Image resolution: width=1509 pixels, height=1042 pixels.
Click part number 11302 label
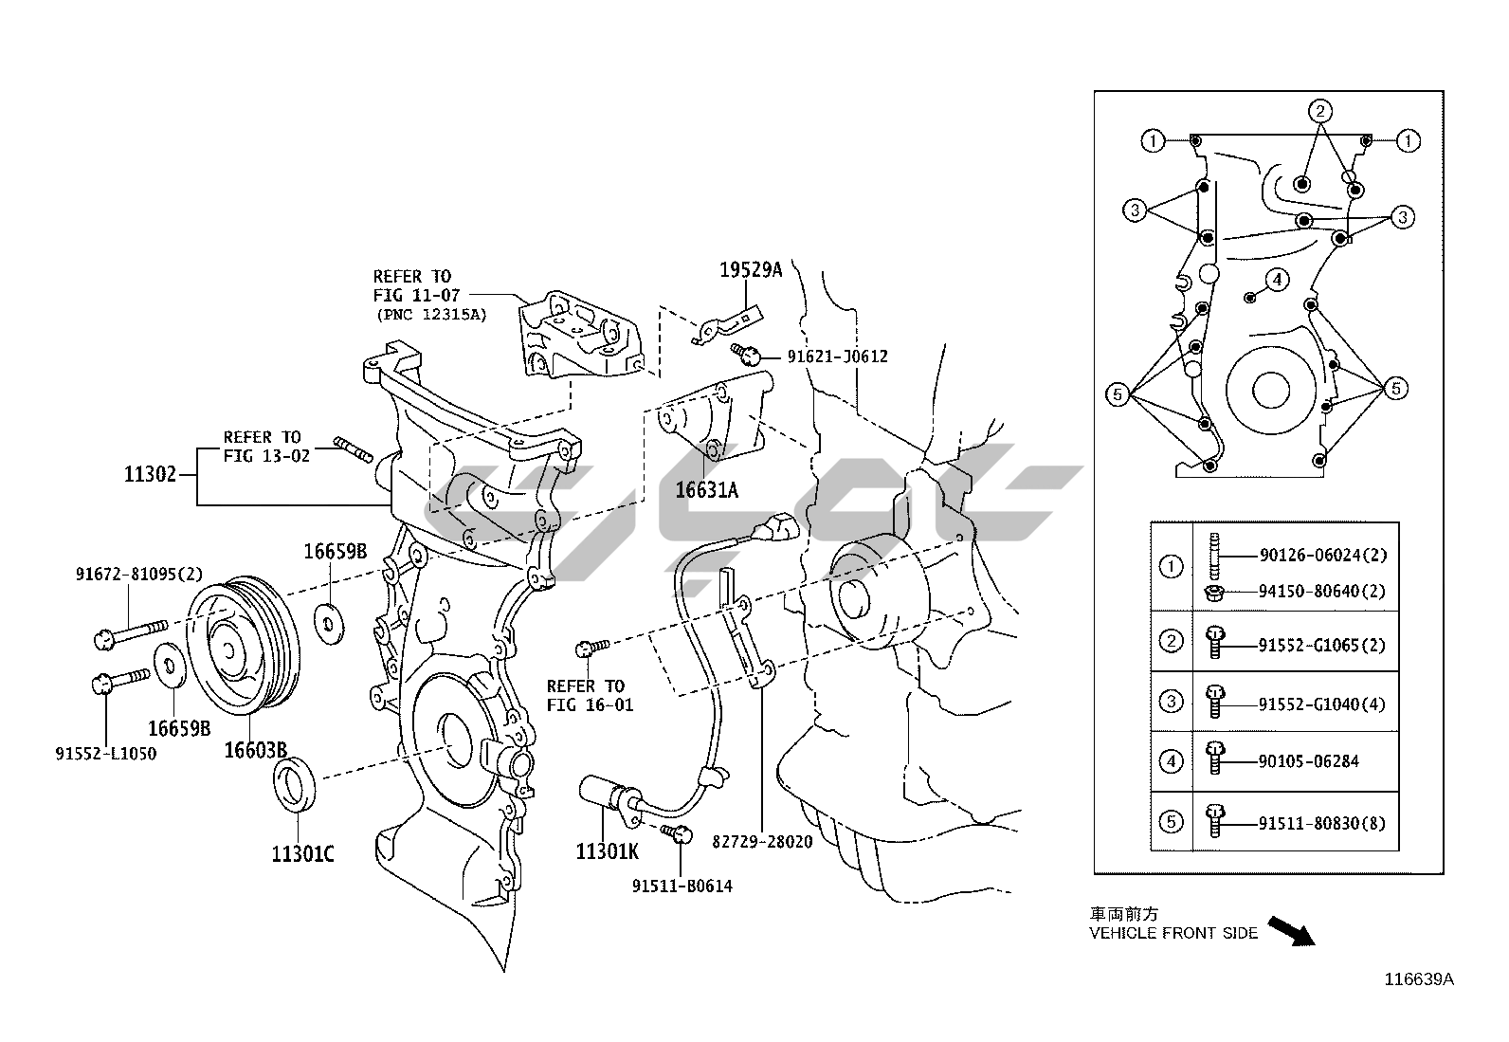(x=150, y=474)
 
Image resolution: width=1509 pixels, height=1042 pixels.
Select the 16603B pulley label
(x=255, y=750)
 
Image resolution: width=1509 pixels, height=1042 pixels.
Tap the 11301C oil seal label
(x=302, y=854)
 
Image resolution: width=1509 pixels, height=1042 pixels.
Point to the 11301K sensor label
(x=607, y=851)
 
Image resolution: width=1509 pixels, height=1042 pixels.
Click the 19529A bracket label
(x=751, y=269)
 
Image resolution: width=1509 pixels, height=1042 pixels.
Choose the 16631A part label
(x=706, y=490)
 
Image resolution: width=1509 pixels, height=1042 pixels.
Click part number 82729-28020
(x=762, y=841)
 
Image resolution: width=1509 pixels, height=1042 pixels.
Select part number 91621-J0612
(x=837, y=356)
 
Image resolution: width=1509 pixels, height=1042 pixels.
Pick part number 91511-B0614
(x=682, y=887)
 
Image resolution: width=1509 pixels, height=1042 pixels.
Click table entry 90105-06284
(x=1308, y=761)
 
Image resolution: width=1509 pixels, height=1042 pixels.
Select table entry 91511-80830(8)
(x=1321, y=823)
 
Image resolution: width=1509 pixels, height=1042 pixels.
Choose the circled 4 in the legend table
(x=1172, y=761)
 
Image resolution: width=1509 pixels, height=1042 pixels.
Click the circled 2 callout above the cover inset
(x=1320, y=111)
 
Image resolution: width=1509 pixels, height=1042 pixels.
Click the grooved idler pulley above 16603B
(x=244, y=640)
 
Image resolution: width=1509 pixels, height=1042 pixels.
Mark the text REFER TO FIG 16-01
(x=590, y=695)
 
